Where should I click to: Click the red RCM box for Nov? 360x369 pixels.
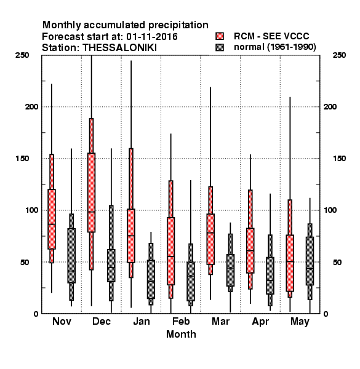(x=52, y=219)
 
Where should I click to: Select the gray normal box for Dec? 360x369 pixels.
(x=111, y=266)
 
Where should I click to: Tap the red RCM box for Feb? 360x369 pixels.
(x=170, y=251)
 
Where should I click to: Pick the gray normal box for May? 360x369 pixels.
(x=310, y=261)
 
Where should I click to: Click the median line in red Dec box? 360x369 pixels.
(x=91, y=212)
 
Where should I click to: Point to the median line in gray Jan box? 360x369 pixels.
(x=151, y=281)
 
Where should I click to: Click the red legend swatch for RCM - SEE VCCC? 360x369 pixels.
(x=220, y=36)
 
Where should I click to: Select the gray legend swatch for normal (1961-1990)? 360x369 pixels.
(x=220, y=47)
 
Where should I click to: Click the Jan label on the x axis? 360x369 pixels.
(x=142, y=321)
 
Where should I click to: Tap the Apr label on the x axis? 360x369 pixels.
(x=260, y=322)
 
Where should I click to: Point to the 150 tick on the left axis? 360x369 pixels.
(x=22, y=159)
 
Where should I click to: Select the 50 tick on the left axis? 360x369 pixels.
(x=25, y=262)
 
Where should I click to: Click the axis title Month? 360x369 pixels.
(x=181, y=334)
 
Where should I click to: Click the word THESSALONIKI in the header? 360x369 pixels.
(x=119, y=48)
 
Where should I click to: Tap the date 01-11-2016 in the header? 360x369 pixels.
(x=152, y=37)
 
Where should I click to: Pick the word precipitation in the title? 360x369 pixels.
(x=178, y=25)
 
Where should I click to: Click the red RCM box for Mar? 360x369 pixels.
(x=210, y=239)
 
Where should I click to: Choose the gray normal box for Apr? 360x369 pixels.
(x=270, y=276)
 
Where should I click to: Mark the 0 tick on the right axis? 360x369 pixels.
(x=326, y=314)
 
